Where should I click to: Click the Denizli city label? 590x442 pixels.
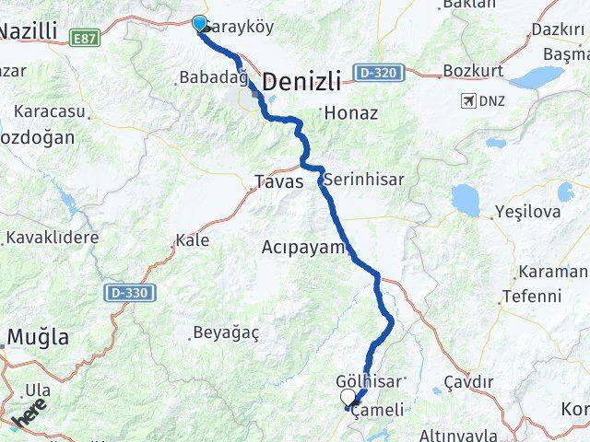tap(301, 82)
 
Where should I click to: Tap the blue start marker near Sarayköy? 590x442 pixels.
tap(200, 24)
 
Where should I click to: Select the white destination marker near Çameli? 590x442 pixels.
tap(348, 397)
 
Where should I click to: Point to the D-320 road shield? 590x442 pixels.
tap(377, 71)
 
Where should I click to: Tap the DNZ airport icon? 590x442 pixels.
tap(470, 99)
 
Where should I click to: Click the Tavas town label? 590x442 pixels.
tap(278, 181)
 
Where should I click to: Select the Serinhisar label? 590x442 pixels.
tap(364, 180)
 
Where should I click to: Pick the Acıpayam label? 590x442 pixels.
tap(302, 248)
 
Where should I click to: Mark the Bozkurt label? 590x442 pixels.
tap(472, 71)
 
